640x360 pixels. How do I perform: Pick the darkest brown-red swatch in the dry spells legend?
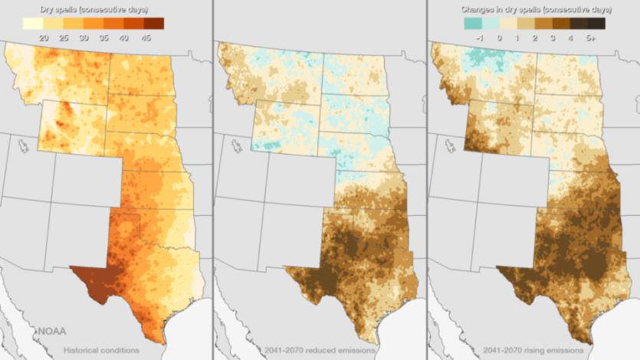(x=153, y=24)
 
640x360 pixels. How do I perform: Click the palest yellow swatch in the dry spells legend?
(x=33, y=24)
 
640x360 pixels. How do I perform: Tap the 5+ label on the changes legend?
(x=590, y=38)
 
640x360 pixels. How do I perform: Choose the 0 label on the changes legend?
(x=499, y=38)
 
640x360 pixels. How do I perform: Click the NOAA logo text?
(x=51, y=331)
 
